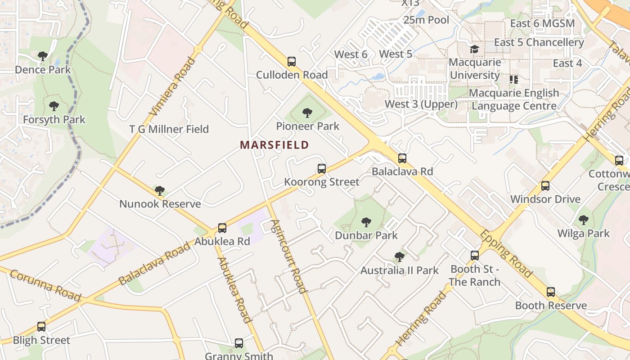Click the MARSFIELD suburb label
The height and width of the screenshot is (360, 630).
tap(274, 145)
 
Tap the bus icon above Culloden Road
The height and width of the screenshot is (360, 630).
tap(292, 62)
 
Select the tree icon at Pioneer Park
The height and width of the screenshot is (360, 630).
tap(307, 113)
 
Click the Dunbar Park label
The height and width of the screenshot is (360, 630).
tap(366, 235)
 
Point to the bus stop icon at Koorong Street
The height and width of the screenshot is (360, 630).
tap(321, 169)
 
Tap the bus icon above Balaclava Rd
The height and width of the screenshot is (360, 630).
tap(402, 158)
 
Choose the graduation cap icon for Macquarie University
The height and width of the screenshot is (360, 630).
tap(474, 49)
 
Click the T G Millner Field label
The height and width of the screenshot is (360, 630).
tap(169, 129)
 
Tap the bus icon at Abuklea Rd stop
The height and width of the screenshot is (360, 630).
tap(222, 228)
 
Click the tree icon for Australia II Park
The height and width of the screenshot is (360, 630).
tap(399, 257)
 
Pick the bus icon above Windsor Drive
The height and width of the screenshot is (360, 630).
tap(545, 186)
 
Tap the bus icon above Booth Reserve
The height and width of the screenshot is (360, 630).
tap(551, 292)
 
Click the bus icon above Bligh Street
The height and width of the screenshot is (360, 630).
tap(41, 327)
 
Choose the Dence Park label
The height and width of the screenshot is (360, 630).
tap(43, 70)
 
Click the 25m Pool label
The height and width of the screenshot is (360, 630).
tap(426, 20)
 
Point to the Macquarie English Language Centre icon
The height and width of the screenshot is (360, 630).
tap(513, 80)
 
